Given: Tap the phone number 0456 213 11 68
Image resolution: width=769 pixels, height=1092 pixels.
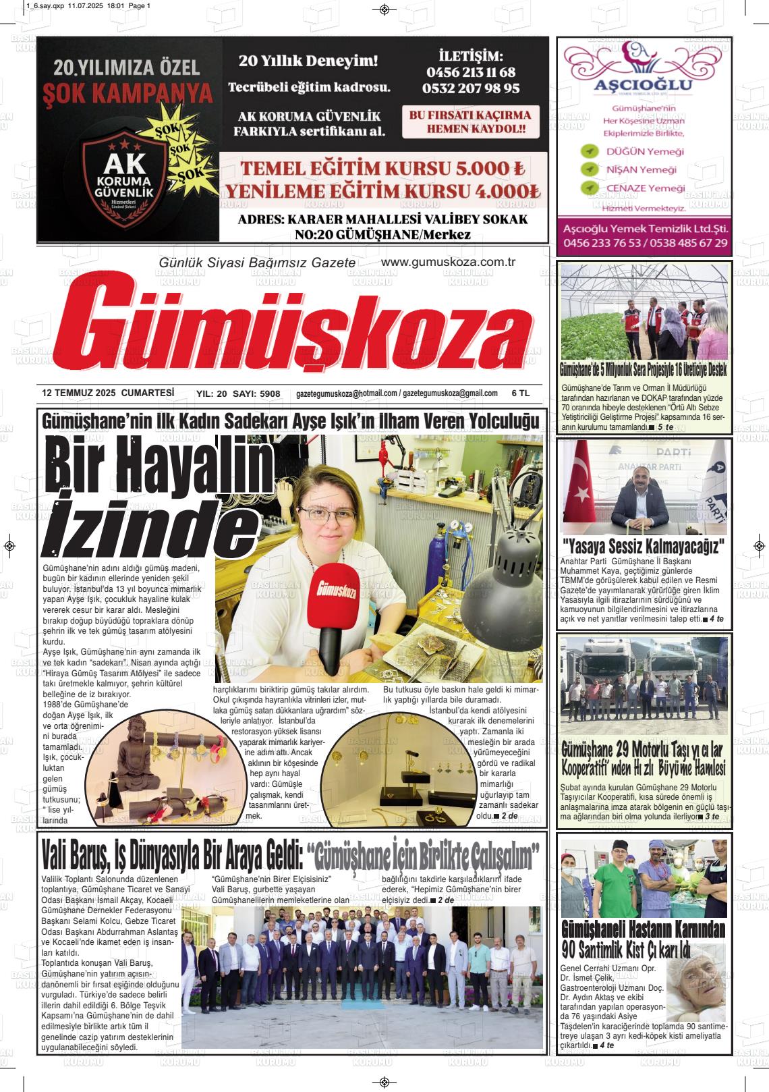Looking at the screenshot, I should tap(471, 72).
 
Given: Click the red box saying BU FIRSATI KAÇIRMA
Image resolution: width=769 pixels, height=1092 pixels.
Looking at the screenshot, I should tap(469, 121).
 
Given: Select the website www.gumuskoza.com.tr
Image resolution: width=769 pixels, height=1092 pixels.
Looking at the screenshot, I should tap(448, 262).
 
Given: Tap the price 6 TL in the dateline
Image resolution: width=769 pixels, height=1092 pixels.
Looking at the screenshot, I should tap(521, 393).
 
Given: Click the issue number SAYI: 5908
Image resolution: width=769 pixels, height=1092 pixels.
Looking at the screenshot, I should tap(256, 393).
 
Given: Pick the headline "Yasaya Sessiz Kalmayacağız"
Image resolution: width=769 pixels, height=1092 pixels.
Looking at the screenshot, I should tap(644, 545).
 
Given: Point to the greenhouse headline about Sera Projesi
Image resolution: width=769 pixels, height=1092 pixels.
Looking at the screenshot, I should tap(643, 369).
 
